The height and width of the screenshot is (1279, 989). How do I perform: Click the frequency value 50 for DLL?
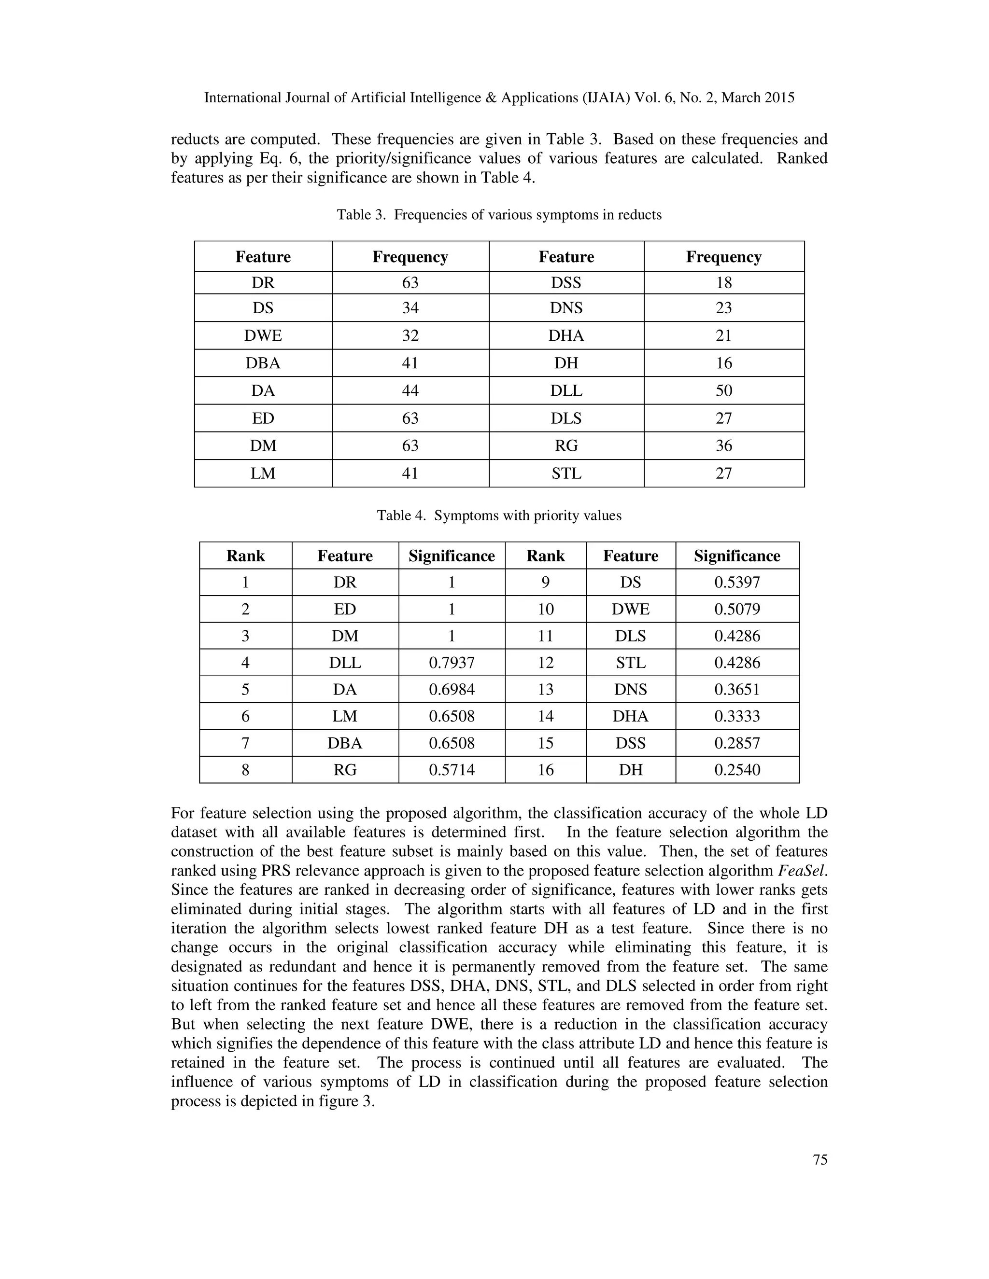tap(723, 390)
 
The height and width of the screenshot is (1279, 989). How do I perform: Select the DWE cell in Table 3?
tap(263, 335)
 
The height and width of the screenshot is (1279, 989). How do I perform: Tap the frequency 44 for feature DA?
tap(410, 390)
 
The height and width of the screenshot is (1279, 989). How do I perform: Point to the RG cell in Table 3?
tap(566, 445)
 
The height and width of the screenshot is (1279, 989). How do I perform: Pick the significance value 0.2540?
tap(737, 769)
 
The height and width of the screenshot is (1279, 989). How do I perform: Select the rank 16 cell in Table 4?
tap(546, 769)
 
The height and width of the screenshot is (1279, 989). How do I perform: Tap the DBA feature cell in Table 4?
tap(345, 743)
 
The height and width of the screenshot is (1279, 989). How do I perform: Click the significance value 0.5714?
tap(452, 769)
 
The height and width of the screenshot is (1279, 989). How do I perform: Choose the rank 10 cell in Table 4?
tap(546, 609)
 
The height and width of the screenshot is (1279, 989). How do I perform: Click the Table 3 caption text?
tap(498, 215)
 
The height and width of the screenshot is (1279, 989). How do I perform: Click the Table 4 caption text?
tap(498, 515)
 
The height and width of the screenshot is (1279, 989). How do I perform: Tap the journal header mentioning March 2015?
tap(498, 98)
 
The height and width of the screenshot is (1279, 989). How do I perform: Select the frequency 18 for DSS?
tap(723, 283)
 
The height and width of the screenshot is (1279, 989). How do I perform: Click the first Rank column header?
tap(245, 556)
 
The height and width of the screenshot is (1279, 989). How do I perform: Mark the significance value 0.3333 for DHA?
tap(737, 716)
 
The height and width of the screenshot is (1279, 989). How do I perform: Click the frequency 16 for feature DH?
tap(723, 363)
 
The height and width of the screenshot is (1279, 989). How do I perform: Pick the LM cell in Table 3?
tap(263, 473)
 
